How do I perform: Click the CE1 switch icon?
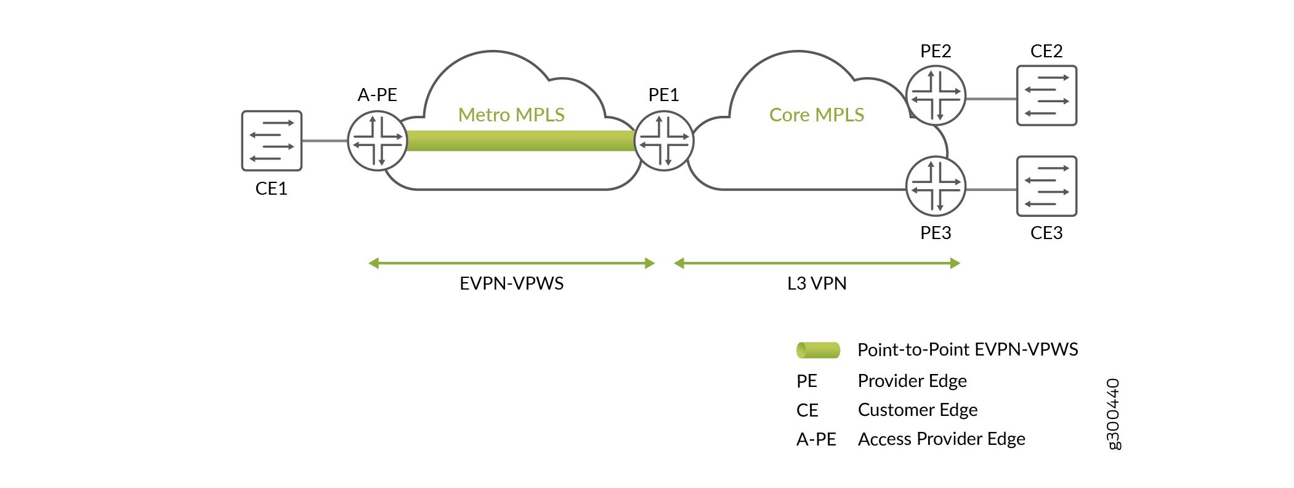pos(272,140)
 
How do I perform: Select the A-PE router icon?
pos(378,140)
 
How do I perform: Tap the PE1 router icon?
pos(664,140)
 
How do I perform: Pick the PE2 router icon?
pos(936,96)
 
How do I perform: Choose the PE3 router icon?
pos(936,186)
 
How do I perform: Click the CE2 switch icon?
pos(1046,96)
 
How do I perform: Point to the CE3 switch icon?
pos(1046,186)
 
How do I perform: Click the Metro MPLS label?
pos(511,115)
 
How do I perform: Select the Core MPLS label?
pos(817,115)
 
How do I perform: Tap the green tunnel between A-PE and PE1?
pos(520,140)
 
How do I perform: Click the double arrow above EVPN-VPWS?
pos(511,264)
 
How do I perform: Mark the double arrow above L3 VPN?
pos(817,264)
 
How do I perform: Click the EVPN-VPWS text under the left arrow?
pos(511,283)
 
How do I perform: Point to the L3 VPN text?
pos(817,283)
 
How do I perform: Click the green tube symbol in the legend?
pos(818,350)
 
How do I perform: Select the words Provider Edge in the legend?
pos(912,381)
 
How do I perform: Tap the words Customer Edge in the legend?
pos(918,410)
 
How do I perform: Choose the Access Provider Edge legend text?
pos(941,439)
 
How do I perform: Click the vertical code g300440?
pos(1113,414)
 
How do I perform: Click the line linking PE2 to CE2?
pos(991,99)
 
